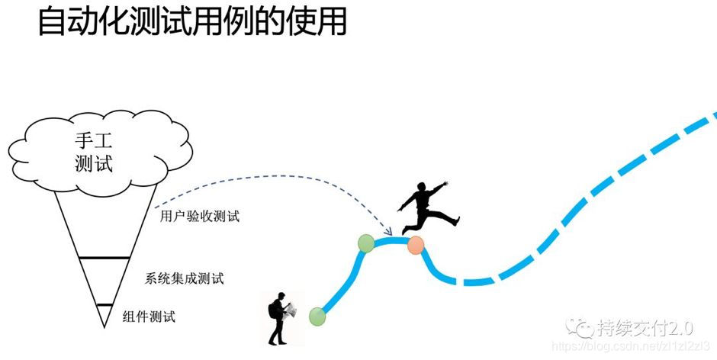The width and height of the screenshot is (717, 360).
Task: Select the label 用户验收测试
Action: point(200,217)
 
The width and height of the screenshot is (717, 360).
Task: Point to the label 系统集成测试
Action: point(185,278)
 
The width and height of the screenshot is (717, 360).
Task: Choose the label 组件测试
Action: point(149,316)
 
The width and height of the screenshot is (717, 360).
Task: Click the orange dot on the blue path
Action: point(416,245)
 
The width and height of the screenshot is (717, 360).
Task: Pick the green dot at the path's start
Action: point(317,316)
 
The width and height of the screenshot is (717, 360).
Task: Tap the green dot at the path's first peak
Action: point(366,243)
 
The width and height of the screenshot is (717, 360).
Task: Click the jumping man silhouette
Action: point(426,207)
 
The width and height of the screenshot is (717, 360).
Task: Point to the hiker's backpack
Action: point(273,310)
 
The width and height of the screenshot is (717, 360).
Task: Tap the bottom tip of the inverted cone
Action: point(104,326)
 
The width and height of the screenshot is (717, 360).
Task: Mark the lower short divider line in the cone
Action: point(104,305)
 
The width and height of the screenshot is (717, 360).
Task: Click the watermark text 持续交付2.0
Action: point(645,329)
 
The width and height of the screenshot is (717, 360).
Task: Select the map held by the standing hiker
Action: point(290,309)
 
